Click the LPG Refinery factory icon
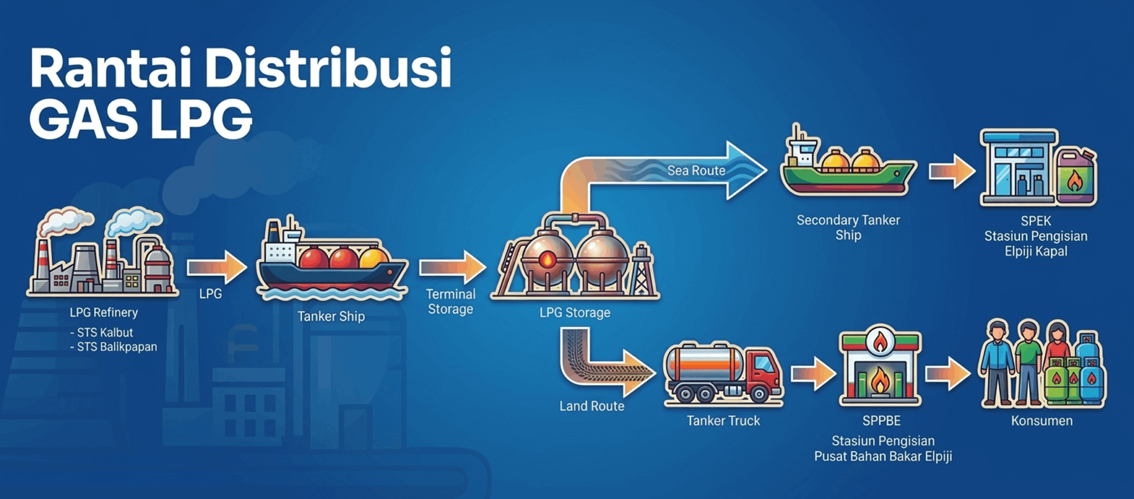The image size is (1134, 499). click(x=103, y=256)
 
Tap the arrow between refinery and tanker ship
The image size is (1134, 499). click(x=216, y=267)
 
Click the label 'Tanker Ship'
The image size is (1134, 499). click(x=331, y=316)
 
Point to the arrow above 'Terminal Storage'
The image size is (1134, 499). click(x=452, y=267)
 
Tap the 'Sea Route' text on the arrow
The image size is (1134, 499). click(x=696, y=170)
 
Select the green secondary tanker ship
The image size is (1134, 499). click(x=847, y=173)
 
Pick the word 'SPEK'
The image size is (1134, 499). click(x=1036, y=221)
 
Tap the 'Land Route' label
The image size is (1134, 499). click(x=592, y=406)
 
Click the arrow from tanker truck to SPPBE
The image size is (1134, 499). click(x=813, y=373)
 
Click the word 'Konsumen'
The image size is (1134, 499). click(x=1042, y=421)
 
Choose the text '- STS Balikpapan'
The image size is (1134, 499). click(x=114, y=347)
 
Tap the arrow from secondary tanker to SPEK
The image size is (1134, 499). click(x=951, y=171)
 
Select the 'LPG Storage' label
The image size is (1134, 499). click(x=575, y=313)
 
